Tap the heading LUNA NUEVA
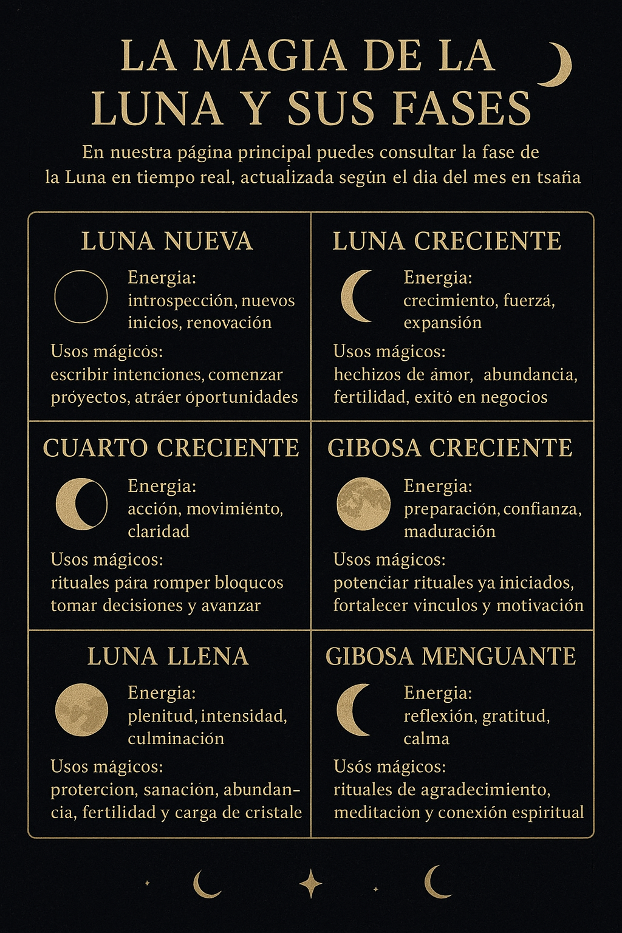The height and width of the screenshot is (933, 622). (167, 241)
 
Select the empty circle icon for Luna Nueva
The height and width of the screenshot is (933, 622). (81, 296)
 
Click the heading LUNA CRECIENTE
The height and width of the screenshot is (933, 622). (447, 241)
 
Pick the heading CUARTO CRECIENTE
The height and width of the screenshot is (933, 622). (171, 448)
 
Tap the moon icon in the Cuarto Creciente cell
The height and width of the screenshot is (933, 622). (81, 504)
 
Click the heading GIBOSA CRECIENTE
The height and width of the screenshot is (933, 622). (450, 448)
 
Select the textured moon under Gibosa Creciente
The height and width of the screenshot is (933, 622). (363, 504)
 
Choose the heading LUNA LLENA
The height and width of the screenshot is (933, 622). (168, 657)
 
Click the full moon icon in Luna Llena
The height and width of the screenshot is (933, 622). (81, 710)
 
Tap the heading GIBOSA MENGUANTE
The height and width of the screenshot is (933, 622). (451, 657)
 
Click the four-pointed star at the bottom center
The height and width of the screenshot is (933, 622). (311, 884)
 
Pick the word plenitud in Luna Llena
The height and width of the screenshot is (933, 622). (161, 716)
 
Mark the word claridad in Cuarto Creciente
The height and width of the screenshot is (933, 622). (159, 531)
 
